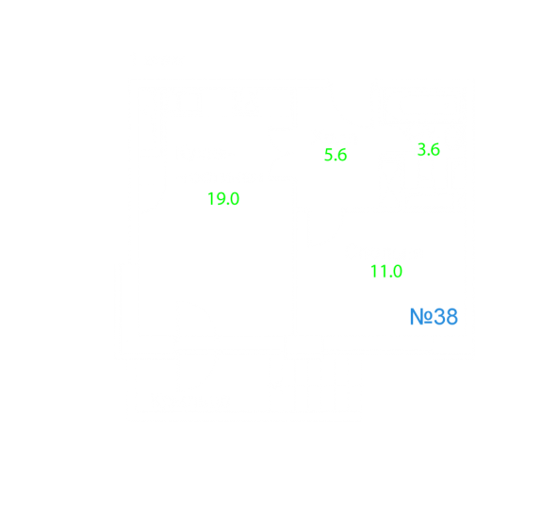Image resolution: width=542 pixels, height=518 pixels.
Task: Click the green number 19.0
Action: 223,199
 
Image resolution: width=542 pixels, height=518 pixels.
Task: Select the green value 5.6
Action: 336,155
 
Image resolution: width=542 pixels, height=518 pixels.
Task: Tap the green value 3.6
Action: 429,150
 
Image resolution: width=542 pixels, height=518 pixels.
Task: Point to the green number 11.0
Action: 386,272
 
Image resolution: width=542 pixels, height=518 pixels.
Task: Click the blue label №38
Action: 434,317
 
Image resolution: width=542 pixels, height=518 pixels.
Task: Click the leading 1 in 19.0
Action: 210,199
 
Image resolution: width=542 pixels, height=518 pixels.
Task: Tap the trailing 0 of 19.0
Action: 234,199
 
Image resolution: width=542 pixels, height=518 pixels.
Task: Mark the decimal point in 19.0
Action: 227,204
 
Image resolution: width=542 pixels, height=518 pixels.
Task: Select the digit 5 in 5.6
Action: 328,155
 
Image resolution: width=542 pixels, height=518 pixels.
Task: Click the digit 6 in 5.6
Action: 342,155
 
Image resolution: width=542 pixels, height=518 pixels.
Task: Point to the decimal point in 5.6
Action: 335,159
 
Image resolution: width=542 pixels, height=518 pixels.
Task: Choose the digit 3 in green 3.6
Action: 421,150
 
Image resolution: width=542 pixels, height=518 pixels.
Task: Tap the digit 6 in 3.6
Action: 435,150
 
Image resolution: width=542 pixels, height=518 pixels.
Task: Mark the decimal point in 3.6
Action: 428,155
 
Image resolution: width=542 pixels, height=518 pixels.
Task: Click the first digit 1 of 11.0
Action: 373,272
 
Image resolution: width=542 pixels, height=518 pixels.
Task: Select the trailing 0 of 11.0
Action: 397,272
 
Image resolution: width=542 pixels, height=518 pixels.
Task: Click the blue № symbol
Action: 421,317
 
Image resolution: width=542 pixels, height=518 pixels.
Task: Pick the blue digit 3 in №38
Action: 439,317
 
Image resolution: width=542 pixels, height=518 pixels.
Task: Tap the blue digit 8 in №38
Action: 452,317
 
